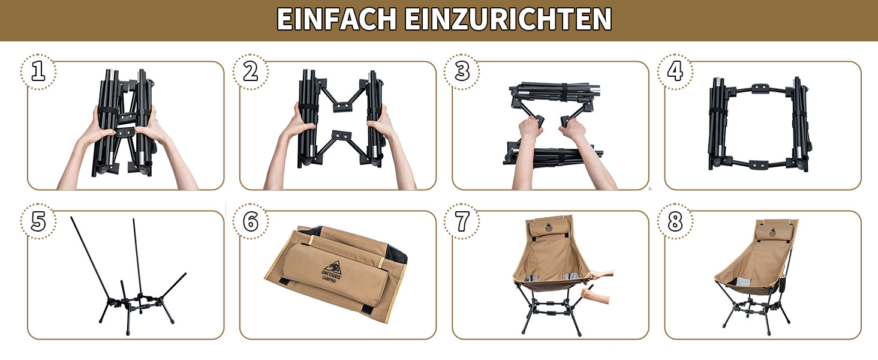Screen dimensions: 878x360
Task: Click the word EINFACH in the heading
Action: [x=336, y=19]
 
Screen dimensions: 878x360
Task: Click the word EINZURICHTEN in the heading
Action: [x=508, y=19]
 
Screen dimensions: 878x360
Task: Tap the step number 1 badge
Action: [x=38, y=72]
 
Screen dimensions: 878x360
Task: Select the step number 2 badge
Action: [x=251, y=72]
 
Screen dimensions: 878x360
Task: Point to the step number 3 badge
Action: [x=462, y=72]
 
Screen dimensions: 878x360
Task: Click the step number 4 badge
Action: [x=675, y=72]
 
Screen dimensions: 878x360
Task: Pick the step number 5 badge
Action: [x=38, y=221]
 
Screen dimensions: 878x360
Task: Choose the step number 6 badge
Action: [x=251, y=221]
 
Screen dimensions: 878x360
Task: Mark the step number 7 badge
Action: [x=462, y=221]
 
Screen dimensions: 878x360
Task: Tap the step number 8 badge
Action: [x=675, y=221]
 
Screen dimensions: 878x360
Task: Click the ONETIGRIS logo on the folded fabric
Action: [x=332, y=271]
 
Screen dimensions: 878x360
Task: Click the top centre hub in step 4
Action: [x=760, y=89]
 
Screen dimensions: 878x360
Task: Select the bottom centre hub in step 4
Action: [x=758, y=165]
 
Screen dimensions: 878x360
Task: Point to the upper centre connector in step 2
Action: [x=342, y=107]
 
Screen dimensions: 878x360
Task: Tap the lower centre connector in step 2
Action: [x=341, y=136]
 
